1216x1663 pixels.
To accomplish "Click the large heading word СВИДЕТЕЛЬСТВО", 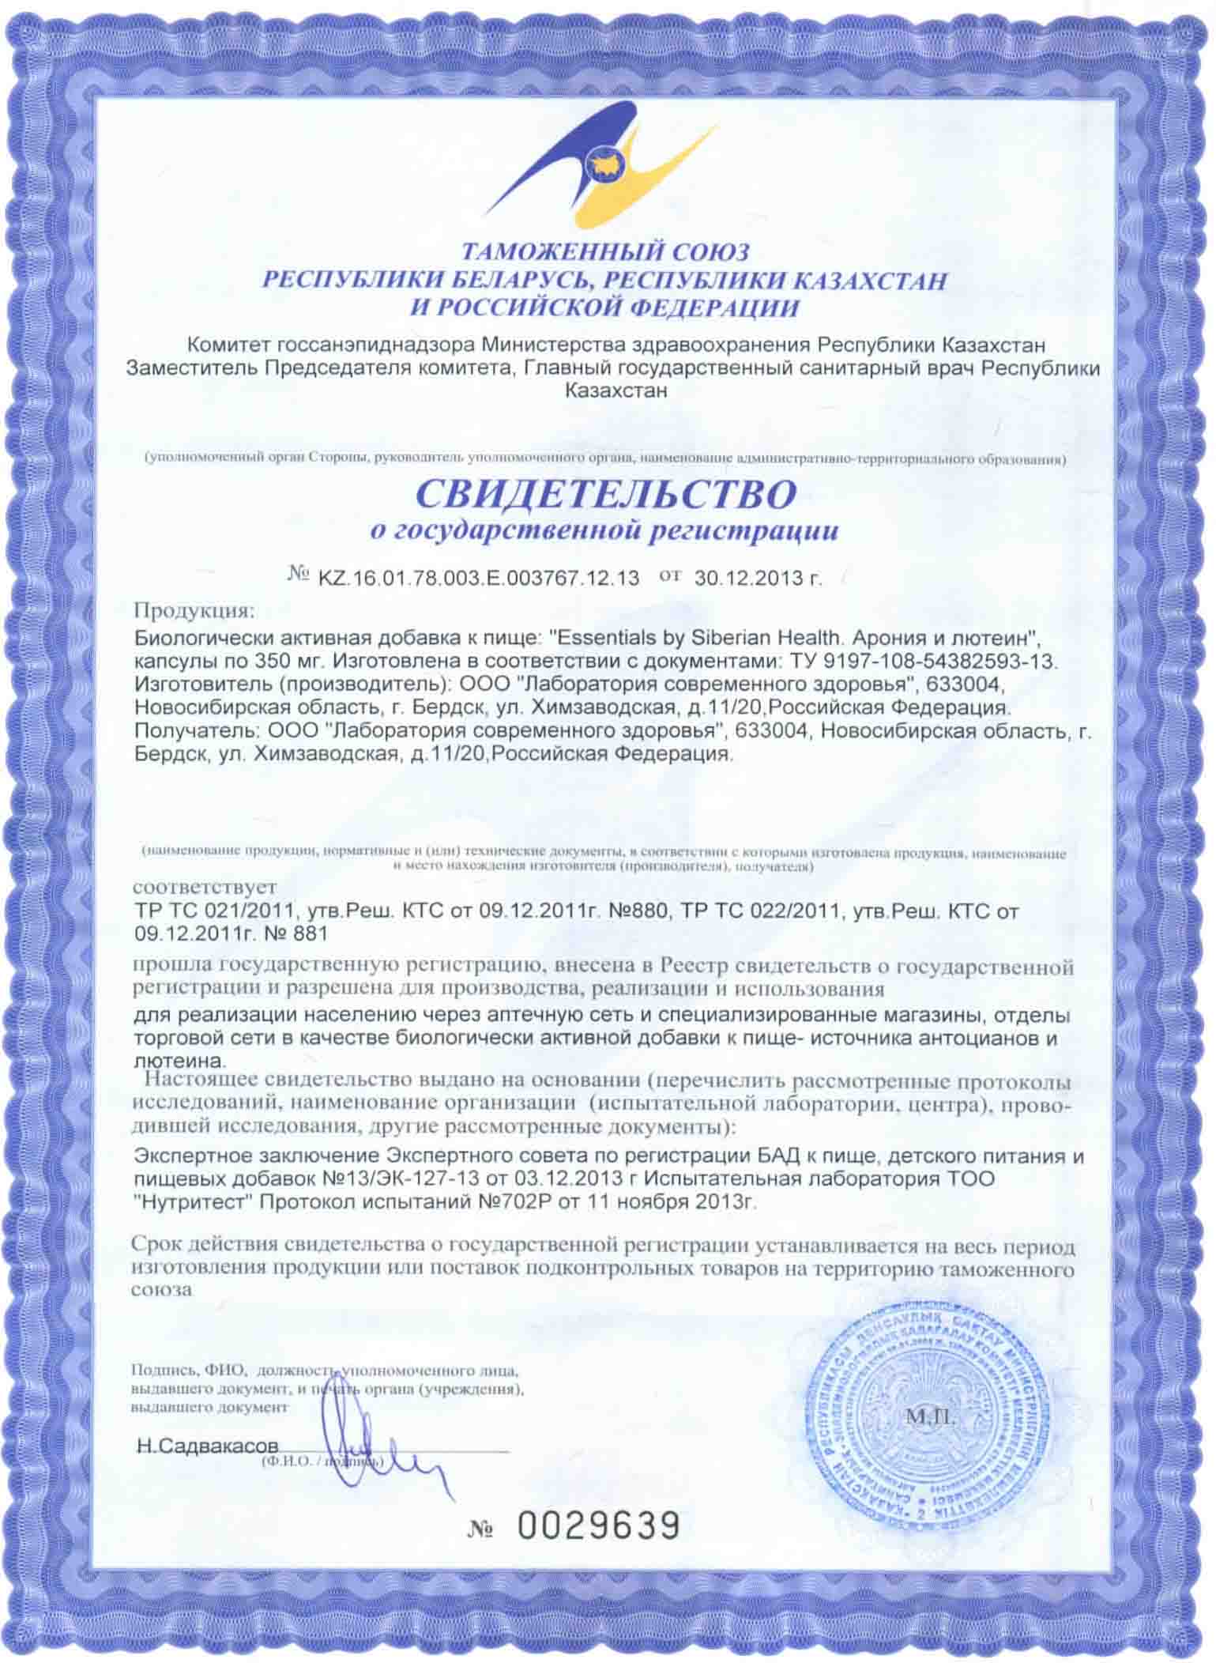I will click(606, 495).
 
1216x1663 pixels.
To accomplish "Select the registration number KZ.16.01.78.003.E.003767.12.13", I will click(477, 578).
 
